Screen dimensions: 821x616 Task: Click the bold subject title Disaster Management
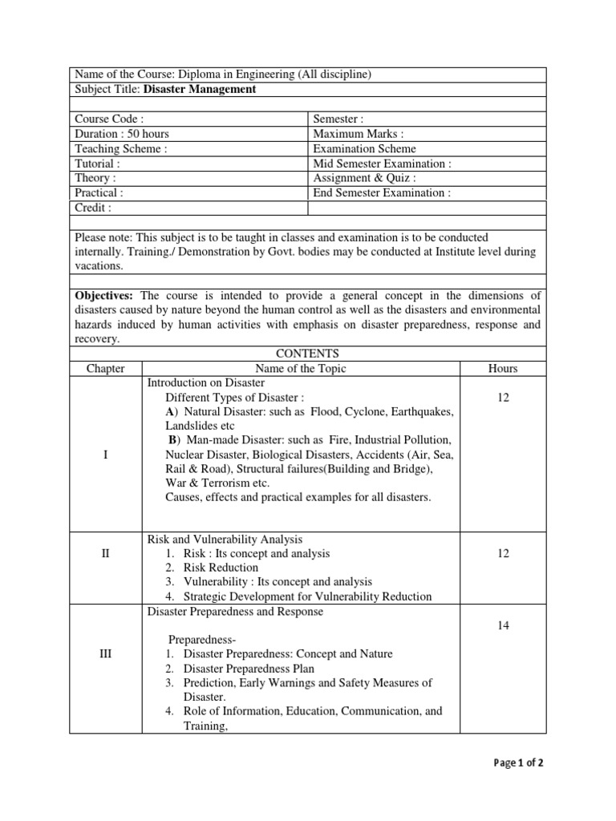coord(200,89)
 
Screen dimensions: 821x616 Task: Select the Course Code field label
coord(109,119)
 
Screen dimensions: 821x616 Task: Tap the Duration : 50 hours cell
coord(122,134)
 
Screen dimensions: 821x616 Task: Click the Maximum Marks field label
coord(359,134)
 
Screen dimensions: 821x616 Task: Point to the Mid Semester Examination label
coord(382,164)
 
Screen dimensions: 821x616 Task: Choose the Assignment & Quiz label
coord(364,178)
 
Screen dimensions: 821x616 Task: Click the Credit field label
coord(93,208)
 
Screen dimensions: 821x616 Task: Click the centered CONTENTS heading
coord(307,354)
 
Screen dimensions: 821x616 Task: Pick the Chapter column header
coord(105,369)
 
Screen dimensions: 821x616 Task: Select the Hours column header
coord(503,369)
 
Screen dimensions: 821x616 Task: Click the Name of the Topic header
coord(301,369)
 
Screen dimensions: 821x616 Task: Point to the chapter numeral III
coord(105,653)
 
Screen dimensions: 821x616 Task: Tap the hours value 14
coord(503,625)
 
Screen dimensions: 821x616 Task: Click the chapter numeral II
coord(105,553)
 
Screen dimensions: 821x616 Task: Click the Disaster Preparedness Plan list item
coord(249,669)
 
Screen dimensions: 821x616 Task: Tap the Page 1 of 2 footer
coord(519,763)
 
